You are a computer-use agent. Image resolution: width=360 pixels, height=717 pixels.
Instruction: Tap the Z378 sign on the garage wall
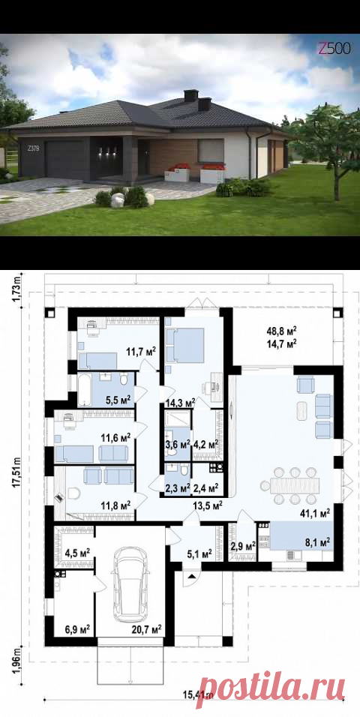(x=33, y=148)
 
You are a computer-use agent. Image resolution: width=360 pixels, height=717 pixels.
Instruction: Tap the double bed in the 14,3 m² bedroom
(x=184, y=345)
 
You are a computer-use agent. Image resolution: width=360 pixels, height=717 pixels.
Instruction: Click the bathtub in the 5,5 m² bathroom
(x=84, y=390)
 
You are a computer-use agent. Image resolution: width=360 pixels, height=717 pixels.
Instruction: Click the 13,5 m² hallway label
(x=208, y=505)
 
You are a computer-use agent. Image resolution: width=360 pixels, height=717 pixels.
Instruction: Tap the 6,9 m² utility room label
(x=76, y=630)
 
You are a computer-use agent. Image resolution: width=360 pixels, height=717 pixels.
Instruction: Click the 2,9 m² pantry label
(x=243, y=546)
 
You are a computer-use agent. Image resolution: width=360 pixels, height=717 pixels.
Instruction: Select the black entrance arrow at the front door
(x=192, y=576)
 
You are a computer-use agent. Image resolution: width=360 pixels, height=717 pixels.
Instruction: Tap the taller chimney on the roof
(x=190, y=95)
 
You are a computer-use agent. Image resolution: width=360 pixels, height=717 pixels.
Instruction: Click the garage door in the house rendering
(x=65, y=159)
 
